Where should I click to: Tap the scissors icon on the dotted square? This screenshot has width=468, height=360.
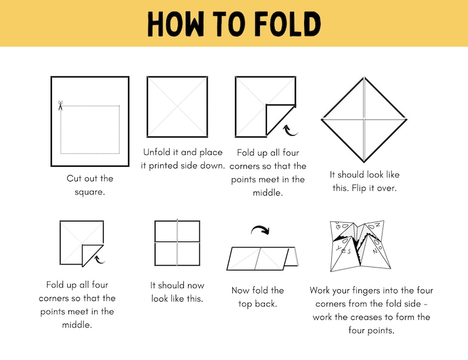(60, 106)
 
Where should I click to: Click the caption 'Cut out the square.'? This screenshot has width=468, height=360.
(90, 185)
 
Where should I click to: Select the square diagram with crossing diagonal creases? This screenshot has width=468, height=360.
(177, 107)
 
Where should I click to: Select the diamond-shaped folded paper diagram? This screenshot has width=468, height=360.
(364, 120)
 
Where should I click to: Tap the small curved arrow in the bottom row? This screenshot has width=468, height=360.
(100, 257)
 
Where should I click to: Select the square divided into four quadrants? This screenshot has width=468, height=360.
(177, 243)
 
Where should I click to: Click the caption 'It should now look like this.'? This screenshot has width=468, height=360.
(177, 292)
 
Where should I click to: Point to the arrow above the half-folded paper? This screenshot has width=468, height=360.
(260, 229)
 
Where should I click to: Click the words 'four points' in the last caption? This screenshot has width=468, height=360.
(371, 331)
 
